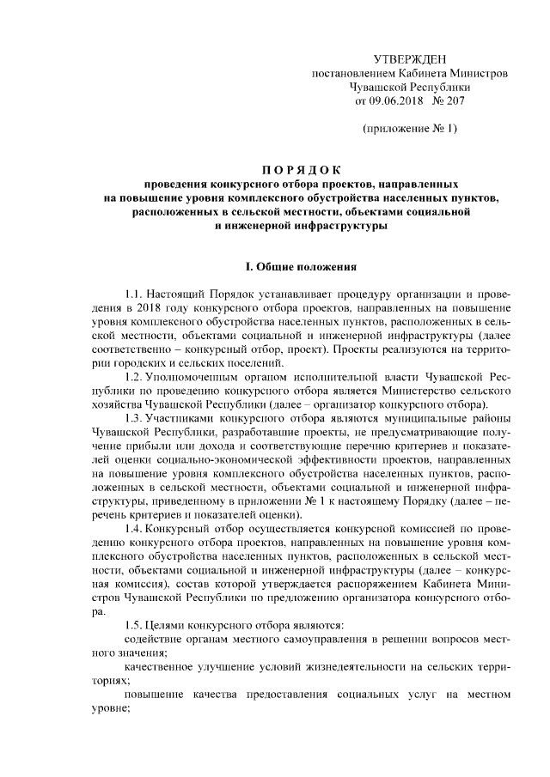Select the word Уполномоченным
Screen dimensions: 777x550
point(190,377)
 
